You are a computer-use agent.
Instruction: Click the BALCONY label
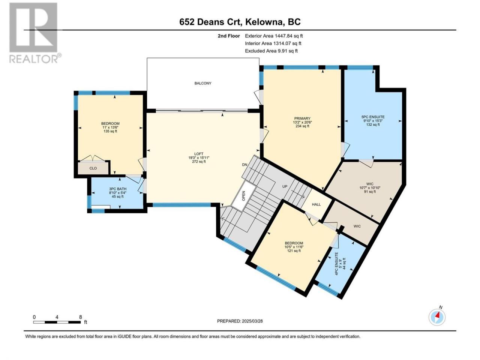pos(203,83)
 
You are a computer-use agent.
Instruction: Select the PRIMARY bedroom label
pos(302,119)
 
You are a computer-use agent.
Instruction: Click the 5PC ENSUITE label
pos(373,117)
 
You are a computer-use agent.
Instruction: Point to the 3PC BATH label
pos(118,189)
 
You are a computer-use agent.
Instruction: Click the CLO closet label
pos(93,168)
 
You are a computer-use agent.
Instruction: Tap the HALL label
pos(316,205)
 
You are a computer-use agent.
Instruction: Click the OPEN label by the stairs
pos(244,196)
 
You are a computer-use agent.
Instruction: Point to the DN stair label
pos(244,165)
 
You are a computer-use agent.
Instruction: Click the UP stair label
pos(285,186)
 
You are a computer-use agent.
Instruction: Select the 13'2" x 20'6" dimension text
pos(302,122)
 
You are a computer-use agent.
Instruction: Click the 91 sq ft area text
pos(370,192)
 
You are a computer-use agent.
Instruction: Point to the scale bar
pos(57,322)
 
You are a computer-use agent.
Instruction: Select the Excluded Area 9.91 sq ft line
pos(271,51)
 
